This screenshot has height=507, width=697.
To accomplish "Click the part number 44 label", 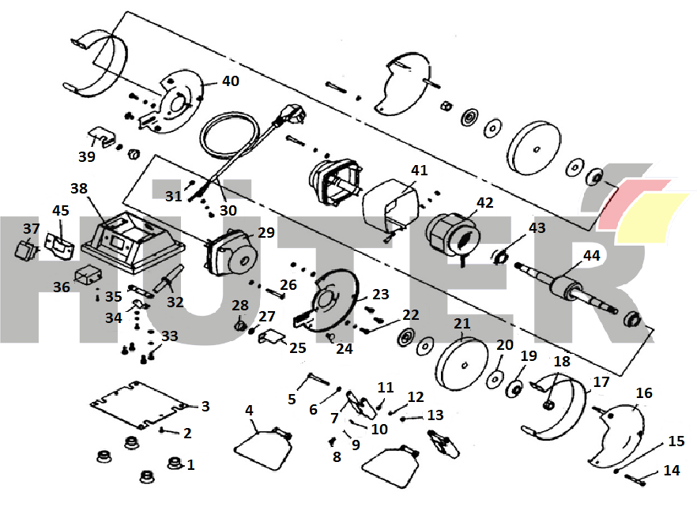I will tap(591, 255).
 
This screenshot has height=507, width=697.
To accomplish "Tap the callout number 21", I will tap(462, 324).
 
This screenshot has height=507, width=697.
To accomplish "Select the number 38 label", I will tap(79, 189).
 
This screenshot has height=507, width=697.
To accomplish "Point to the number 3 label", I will tap(205, 407).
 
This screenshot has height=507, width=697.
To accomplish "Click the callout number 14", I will tap(671, 471).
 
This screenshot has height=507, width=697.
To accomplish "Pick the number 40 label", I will tap(230, 81).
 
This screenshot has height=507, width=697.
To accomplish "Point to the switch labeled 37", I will tap(26, 251).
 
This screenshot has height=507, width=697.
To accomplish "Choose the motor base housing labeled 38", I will tap(130, 237).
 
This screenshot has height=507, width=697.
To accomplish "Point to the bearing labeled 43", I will tap(499, 256).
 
